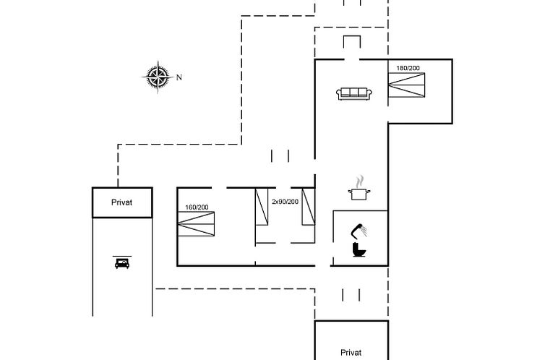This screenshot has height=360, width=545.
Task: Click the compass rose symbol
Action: pyautogui.click(x=158, y=77)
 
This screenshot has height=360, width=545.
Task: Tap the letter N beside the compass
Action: pyautogui.click(x=179, y=77)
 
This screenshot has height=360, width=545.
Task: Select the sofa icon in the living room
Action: pyautogui.click(x=354, y=94)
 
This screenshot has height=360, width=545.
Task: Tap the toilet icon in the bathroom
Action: pyautogui.click(x=359, y=250)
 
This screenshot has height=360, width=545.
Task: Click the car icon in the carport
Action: pyautogui.click(x=122, y=263)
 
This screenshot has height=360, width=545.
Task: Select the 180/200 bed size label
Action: pyautogui.click(x=408, y=68)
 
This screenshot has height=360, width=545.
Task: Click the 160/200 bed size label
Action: pyautogui.click(x=197, y=207)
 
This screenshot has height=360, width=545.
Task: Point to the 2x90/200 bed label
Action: pyautogui.click(x=285, y=202)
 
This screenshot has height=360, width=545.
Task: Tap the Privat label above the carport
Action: pyautogui.click(x=121, y=202)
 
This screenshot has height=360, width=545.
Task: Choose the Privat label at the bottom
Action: pyautogui.click(x=351, y=353)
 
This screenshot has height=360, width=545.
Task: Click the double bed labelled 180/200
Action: pyautogui.click(x=407, y=85)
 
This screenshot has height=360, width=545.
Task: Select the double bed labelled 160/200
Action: pyautogui.click(x=196, y=224)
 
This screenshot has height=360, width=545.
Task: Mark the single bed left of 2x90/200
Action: pyautogui.click(x=262, y=207)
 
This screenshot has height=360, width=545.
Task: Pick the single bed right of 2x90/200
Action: pyautogui.click(x=309, y=207)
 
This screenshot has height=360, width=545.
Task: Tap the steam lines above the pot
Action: pyautogui.click(x=361, y=181)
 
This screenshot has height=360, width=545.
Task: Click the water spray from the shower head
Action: pyautogui.click(x=364, y=231)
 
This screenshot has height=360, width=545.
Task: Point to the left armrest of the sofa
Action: pyautogui.click(x=338, y=94)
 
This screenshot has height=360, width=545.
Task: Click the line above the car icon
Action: pyautogui.click(x=122, y=256)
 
